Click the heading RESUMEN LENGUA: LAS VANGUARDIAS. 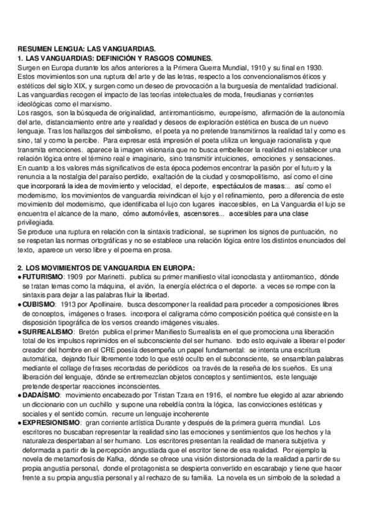point(87,48)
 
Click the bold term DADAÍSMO point(41,395)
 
